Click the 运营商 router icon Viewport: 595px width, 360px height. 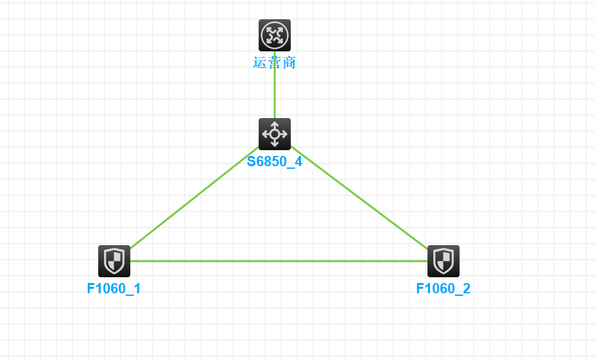pos(275,35)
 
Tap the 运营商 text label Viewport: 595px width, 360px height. pos(275,63)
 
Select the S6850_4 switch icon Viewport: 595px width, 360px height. pos(275,134)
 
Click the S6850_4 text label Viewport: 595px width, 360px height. pos(275,162)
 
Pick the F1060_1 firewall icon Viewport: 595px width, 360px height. pos(114,261)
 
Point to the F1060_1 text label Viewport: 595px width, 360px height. pos(114,289)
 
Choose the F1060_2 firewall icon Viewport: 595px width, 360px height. pos(444,261)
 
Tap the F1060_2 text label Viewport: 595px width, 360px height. pos(444,289)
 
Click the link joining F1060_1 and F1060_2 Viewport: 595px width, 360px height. pos(279,261)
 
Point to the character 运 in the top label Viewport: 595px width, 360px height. pos(260,63)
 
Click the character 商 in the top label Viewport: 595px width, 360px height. pos(289,63)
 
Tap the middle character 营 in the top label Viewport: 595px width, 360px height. pos(275,63)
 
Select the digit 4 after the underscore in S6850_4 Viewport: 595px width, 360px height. pos(298,162)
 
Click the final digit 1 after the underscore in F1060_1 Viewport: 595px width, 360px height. pos(137,289)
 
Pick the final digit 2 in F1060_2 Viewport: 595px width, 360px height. pos(466,289)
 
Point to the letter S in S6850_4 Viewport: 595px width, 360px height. pos(252,162)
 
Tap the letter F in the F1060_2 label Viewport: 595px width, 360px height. pos(420,289)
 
